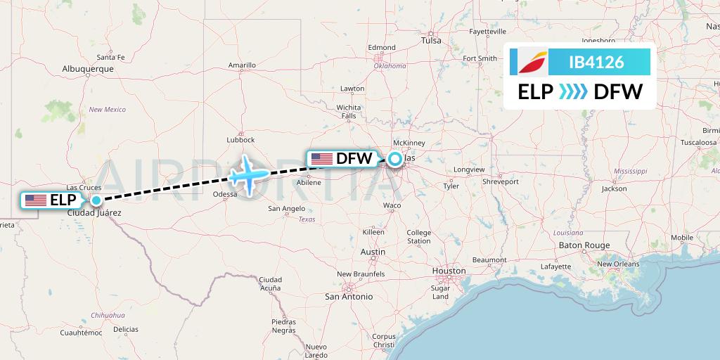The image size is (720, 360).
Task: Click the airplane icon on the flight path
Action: click(x=247, y=174)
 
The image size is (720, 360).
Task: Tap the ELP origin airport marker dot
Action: click(x=96, y=200)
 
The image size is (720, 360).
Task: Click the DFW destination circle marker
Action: click(x=395, y=159)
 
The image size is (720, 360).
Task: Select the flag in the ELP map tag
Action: click(x=36, y=200)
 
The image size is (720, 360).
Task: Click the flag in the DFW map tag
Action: click(x=322, y=159)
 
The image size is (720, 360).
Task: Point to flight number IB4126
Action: click(x=596, y=62)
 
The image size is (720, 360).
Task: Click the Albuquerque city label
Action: click(x=88, y=69)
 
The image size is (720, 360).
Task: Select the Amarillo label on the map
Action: click(x=242, y=65)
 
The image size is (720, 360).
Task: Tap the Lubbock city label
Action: click(x=241, y=140)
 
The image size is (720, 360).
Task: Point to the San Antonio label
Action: click(x=348, y=297)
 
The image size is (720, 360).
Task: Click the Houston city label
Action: click(x=449, y=271)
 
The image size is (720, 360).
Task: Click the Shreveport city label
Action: click(x=500, y=181)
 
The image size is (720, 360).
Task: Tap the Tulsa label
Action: click(x=431, y=41)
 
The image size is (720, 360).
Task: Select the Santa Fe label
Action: click(x=110, y=57)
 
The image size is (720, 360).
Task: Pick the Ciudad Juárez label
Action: click(x=94, y=212)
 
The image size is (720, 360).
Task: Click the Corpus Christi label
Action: click(x=385, y=341)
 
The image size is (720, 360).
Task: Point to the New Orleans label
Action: click(x=618, y=264)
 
